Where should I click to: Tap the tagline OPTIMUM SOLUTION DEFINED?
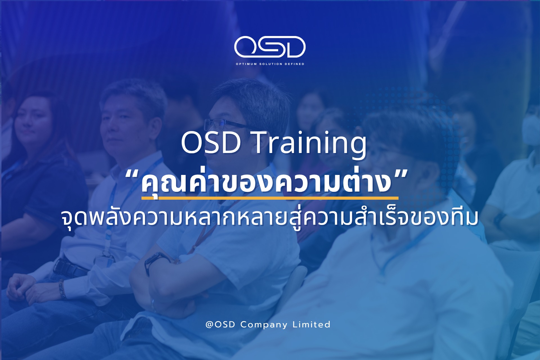click(270, 64)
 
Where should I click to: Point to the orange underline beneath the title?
click(270, 198)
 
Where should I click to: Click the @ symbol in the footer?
click(210, 325)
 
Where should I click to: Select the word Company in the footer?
click(264, 325)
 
